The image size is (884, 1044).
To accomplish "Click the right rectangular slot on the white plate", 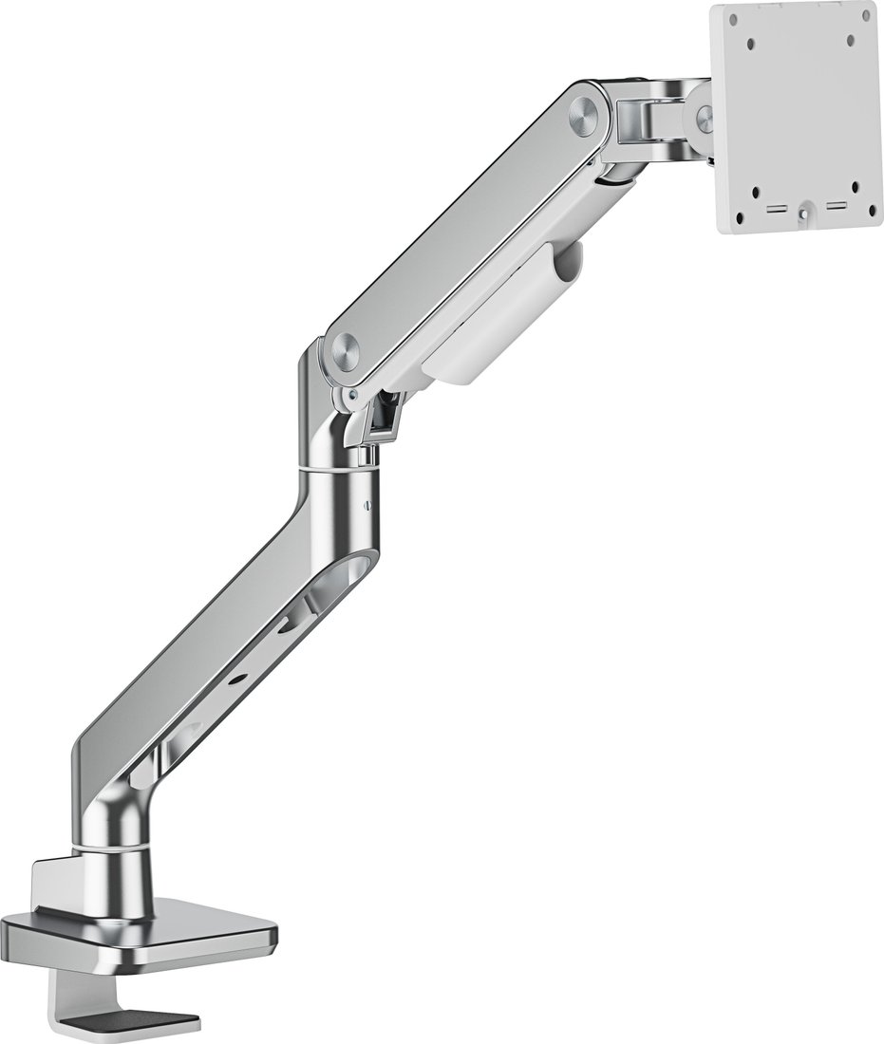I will click(x=837, y=205).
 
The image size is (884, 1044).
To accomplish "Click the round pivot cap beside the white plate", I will click(x=705, y=118).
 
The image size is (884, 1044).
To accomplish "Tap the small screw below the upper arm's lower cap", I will click(x=353, y=395).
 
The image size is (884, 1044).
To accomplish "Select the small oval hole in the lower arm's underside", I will click(x=243, y=677).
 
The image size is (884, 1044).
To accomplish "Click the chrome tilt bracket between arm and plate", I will click(x=648, y=119).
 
